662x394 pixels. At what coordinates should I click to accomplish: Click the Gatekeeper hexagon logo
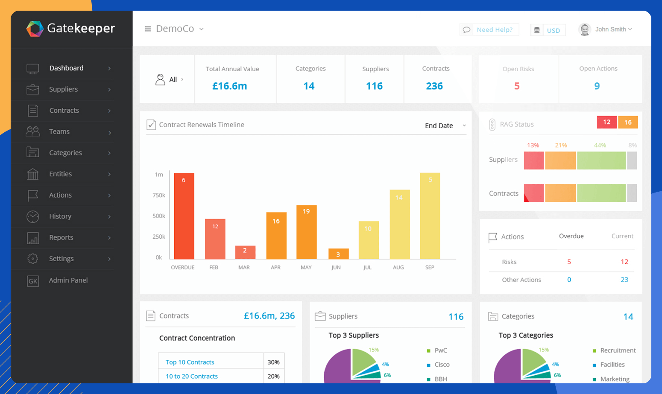(x=35, y=29)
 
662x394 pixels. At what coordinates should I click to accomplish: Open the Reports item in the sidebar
(x=61, y=238)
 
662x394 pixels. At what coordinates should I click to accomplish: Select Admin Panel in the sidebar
(x=68, y=280)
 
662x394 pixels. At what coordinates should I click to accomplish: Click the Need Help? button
(x=489, y=30)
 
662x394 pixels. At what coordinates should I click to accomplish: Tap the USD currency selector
(x=548, y=30)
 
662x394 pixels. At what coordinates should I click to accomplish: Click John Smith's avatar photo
(x=585, y=29)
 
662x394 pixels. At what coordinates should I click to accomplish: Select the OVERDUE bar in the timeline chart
(x=184, y=216)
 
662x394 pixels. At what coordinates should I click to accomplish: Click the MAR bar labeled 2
(x=245, y=252)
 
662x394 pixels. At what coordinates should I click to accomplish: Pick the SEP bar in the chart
(x=430, y=216)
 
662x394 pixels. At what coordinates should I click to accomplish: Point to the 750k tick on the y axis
(x=159, y=196)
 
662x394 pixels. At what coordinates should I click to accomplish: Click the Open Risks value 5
(x=517, y=86)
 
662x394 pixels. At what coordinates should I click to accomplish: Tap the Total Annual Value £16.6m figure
(x=230, y=86)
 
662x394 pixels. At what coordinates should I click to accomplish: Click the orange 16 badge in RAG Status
(x=628, y=123)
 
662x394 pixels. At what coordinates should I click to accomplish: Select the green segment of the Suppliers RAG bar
(x=601, y=161)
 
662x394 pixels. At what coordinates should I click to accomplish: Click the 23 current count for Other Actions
(x=624, y=280)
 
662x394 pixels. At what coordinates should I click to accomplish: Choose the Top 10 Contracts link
(x=190, y=362)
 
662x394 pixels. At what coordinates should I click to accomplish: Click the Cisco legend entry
(x=442, y=365)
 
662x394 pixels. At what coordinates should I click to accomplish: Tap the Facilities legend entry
(x=612, y=365)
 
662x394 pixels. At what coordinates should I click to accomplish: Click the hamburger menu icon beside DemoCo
(x=148, y=29)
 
